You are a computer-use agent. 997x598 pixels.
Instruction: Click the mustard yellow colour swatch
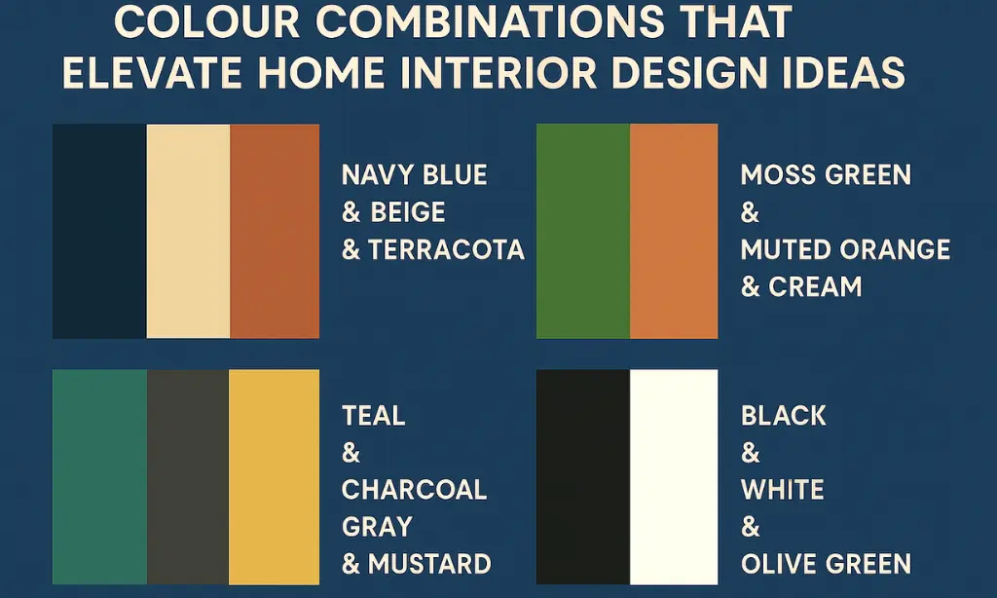[274, 476]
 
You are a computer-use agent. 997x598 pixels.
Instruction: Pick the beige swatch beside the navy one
[188, 231]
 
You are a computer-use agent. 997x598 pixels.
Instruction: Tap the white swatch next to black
[674, 476]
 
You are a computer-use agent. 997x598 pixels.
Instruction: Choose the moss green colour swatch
[583, 231]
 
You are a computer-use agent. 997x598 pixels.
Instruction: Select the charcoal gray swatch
[187, 476]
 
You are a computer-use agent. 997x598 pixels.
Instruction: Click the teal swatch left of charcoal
[99, 476]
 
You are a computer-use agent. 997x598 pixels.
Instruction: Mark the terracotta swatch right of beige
[275, 231]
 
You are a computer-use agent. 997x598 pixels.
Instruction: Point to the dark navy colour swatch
[99, 231]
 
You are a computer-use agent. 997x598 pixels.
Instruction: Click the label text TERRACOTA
[446, 250]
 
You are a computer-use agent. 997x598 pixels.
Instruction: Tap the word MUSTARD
[427, 564]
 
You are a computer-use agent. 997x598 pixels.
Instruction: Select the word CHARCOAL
[414, 489]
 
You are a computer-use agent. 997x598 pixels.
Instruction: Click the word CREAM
[815, 287]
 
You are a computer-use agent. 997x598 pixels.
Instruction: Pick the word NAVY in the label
[379, 175]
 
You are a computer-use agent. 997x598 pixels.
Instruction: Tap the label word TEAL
[373, 416]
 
